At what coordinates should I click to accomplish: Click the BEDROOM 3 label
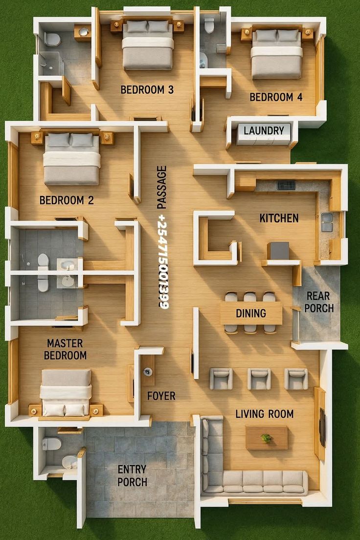(147, 90)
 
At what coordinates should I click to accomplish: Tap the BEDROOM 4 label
(276, 97)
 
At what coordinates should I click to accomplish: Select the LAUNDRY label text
(264, 131)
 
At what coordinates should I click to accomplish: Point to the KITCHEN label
(279, 218)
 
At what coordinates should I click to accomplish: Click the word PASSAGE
(162, 187)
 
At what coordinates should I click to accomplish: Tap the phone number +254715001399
(163, 261)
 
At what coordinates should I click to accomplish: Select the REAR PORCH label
(319, 302)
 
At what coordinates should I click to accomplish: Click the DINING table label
(251, 313)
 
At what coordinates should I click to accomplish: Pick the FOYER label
(161, 396)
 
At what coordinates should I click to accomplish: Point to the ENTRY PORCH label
(132, 475)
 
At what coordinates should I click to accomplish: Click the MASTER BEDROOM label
(65, 349)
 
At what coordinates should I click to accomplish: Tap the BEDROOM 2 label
(67, 200)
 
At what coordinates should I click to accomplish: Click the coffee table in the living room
(267, 437)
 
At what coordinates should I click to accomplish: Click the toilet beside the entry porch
(51, 444)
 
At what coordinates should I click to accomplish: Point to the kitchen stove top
(286, 185)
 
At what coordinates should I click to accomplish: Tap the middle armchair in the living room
(259, 379)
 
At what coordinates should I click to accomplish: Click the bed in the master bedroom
(66, 391)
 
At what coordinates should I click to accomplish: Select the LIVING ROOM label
(264, 414)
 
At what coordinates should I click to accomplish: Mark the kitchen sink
(326, 222)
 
